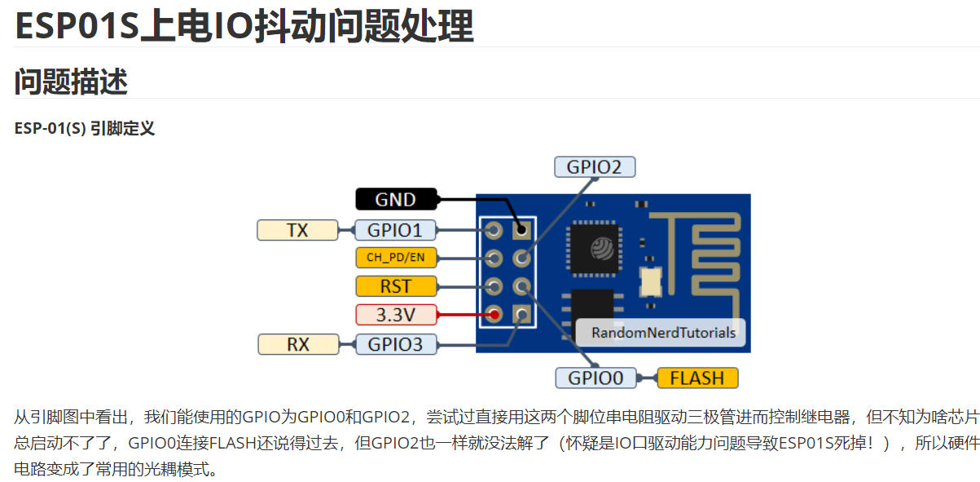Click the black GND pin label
coord(396,199)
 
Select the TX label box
coord(297,230)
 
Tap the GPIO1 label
coord(395,230)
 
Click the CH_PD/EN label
coord(396,259)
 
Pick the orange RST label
coord(396,286)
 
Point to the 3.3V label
coord(396,314)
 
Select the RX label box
coord(298,344)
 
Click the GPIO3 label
coord(396,344)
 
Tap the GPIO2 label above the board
coord(594,167)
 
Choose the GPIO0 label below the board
coord(595,378)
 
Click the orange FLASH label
coord(697,378)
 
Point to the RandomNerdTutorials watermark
coord(663,333)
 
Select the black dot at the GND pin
coord(521,231)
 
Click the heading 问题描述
coord(72,82)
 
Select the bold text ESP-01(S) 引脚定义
coord(85,128)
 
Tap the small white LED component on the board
coord(652,281)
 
